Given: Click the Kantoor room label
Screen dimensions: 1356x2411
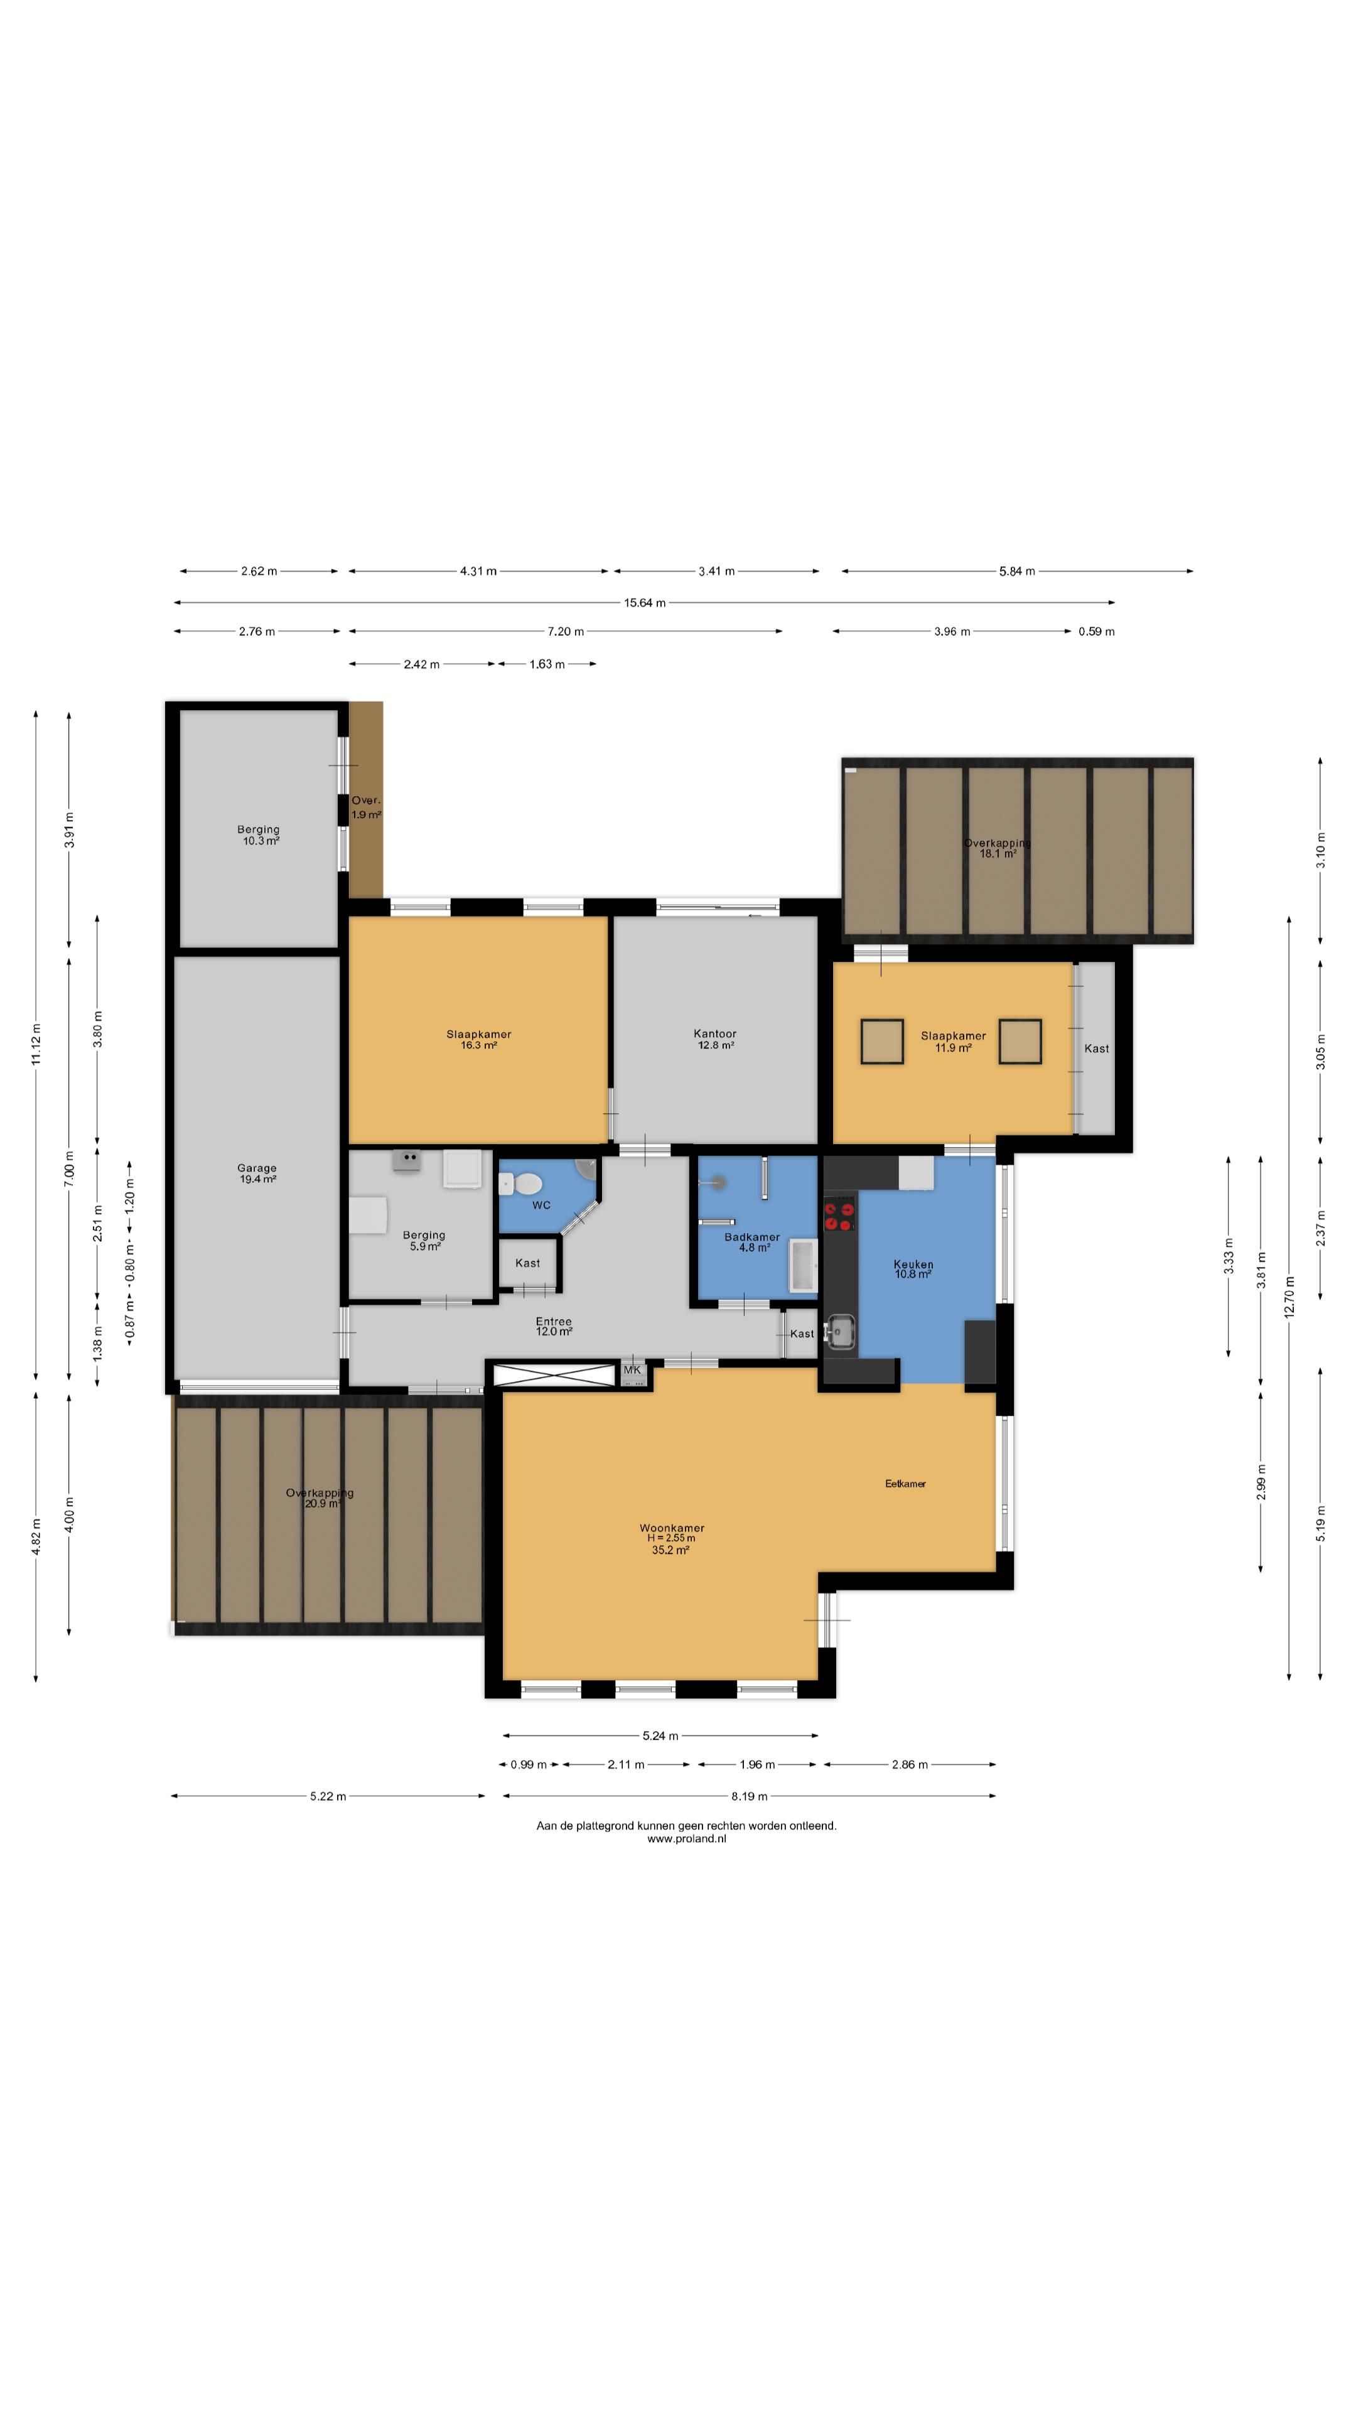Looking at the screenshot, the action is click(715, 1033).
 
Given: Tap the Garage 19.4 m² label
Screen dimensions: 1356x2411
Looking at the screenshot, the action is click(256, 1173).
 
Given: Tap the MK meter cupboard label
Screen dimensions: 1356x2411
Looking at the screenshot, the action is click(633, 1370).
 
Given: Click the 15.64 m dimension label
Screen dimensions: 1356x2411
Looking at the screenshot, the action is click(645, 603).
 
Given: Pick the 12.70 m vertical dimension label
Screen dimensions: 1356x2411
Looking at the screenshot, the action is click(1289, 1297).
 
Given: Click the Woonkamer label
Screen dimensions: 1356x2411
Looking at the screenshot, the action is click(672, 1528).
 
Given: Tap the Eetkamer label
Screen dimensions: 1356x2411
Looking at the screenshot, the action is click(905, 1484).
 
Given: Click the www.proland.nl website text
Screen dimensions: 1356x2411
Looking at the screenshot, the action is click(686, 1838).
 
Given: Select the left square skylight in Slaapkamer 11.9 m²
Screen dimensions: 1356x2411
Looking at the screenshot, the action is click(881, 1042).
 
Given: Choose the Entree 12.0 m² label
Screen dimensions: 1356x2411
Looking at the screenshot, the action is click(554, 1326).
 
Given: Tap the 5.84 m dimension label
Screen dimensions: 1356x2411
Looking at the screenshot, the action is click(1017, 571).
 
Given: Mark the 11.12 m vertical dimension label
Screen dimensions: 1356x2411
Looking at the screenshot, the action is click(36, 1044).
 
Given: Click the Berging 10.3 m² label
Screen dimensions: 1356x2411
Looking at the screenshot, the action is click(258, 835).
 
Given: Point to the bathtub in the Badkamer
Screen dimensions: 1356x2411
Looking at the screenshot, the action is click(804, 1265).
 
